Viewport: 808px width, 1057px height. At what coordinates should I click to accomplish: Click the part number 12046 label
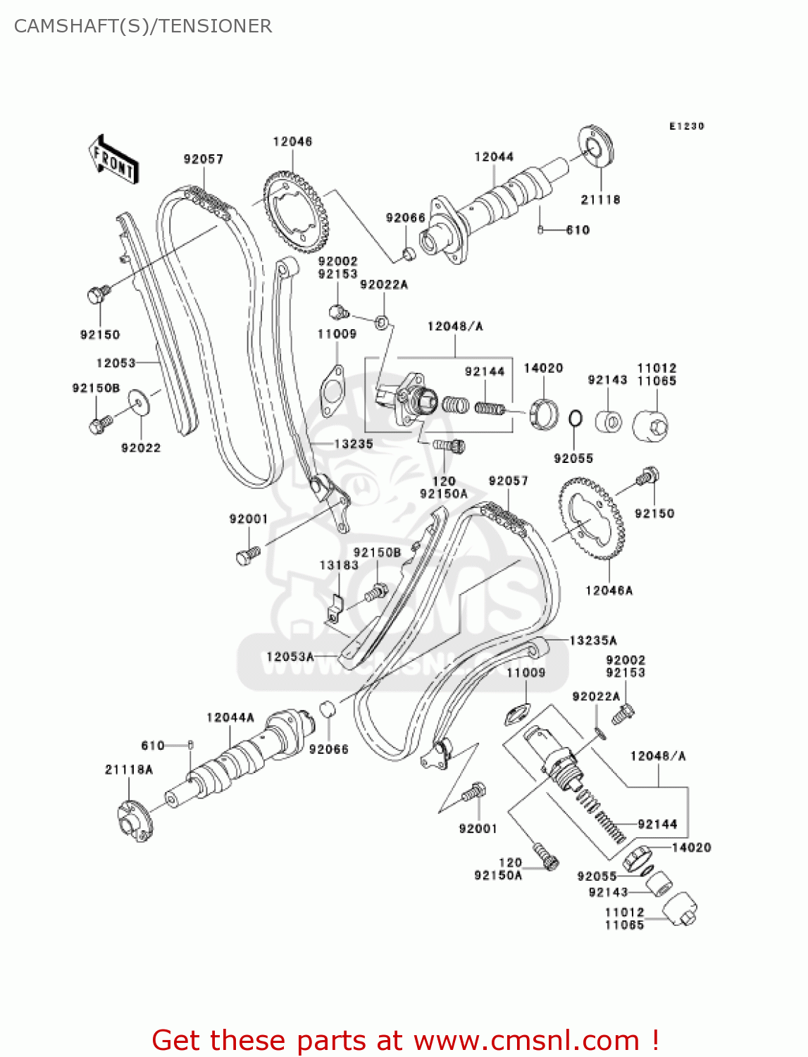coord(292,142)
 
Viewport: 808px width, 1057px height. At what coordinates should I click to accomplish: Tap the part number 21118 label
coord(600,199)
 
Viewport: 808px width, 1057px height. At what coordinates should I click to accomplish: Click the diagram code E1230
coord(686,126)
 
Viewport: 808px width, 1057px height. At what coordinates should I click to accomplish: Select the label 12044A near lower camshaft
coord(230,717)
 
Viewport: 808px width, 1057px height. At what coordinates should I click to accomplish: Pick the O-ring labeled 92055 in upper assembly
coord(575,418)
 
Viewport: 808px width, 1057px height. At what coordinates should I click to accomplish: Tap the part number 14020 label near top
coord(543,368)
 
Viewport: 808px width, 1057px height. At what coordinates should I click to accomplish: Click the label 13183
coord(339,565)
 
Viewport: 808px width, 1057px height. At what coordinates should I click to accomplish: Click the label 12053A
coord(290,657)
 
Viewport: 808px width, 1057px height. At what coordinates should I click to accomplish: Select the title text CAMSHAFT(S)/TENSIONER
coord(143,26)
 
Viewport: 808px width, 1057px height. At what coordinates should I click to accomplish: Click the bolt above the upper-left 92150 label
coord(98,293)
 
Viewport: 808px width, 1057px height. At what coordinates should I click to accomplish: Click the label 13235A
coord(593,640)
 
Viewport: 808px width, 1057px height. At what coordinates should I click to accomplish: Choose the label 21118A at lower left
coord(129,769)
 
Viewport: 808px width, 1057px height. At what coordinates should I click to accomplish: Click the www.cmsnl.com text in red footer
coord(526,1040)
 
